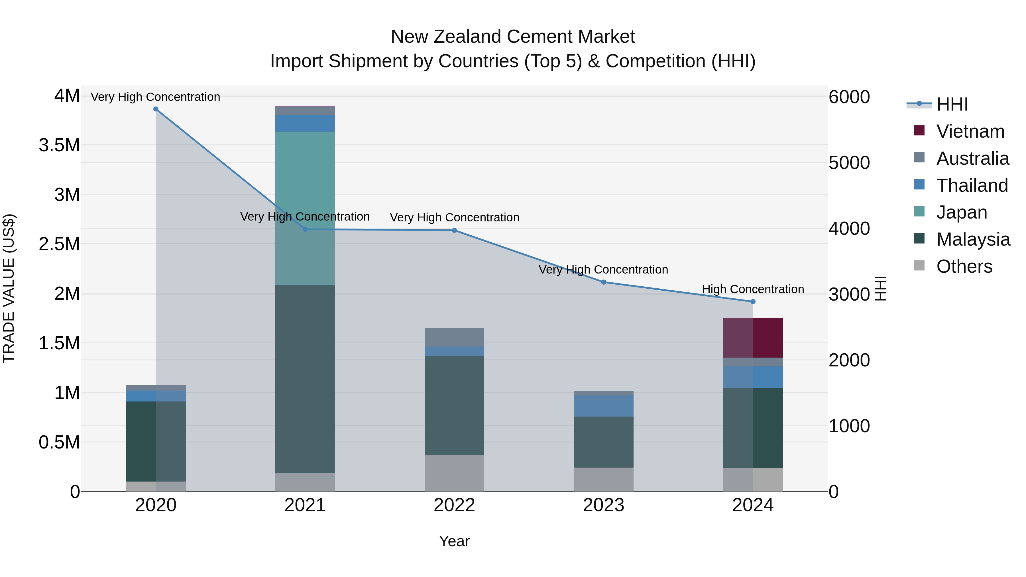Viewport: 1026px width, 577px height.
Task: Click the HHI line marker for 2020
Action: click(x=156, y=109)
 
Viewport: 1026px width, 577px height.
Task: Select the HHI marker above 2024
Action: click(x=752, y=302)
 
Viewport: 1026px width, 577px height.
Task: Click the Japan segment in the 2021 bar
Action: click(x=305, y=208)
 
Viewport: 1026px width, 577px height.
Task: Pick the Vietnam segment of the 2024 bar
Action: click(x=752, y=338)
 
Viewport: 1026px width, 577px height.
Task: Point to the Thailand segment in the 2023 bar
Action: click(x=603, y=406)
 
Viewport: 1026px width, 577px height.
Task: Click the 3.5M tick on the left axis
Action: click(x=59, y=145)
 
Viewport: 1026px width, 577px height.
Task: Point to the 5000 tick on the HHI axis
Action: click(x=849, y=163)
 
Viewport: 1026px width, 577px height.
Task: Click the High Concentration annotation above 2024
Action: click(x=752, y=289)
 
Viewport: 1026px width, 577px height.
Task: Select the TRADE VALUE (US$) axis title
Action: click(x=9, y=288)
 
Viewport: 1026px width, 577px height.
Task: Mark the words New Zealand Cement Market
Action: click(x=513, y=37)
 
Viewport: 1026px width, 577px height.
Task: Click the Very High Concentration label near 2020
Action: click(x=155, y=97)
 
